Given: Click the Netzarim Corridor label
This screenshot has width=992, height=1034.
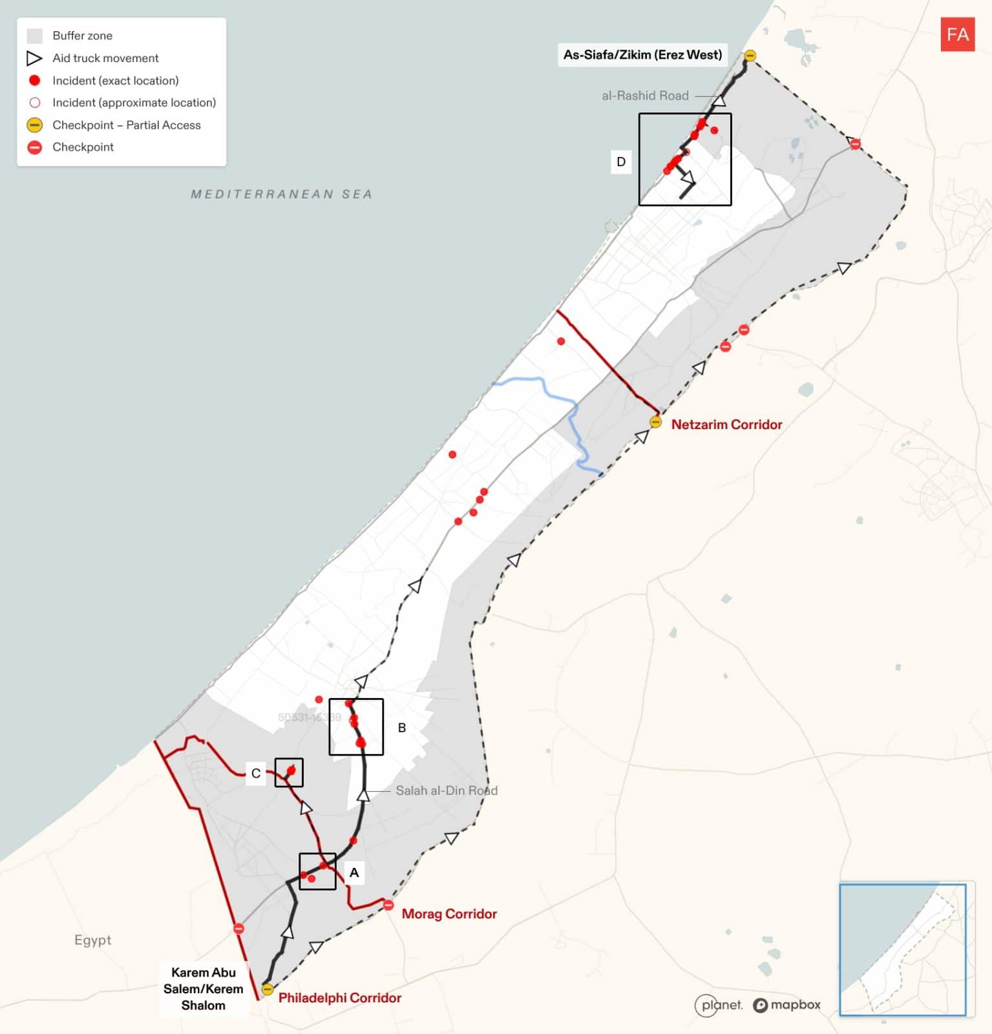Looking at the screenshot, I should [726, 425].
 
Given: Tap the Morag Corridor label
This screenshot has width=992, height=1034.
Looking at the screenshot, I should [449, 914].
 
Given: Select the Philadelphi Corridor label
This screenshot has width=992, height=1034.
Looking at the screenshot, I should [339, 998].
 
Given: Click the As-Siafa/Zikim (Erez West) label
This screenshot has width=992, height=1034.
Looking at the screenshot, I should [642, 55].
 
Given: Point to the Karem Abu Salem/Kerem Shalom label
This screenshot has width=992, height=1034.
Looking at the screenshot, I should [203, 989].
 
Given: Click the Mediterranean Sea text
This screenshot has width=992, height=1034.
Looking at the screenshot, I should [281, 194].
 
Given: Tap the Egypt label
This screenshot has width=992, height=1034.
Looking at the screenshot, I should [92, 940].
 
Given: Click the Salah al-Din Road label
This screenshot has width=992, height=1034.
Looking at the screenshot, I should [446, 790].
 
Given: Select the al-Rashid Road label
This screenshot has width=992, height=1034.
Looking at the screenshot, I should [645, 96].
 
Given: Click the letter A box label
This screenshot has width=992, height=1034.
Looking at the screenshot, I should [354, 872].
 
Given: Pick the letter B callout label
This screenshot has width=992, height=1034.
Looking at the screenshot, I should [402, 728].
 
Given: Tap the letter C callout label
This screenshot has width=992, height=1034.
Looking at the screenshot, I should [256, 774].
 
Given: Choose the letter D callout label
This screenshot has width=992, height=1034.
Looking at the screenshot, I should [621, 162].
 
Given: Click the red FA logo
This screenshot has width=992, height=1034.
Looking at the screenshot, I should [957, 34].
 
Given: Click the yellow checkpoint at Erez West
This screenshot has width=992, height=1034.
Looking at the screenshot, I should [750, 56].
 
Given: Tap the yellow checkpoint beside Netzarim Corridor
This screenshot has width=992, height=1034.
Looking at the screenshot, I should [655, 422].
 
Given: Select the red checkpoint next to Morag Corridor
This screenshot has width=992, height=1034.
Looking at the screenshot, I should [388, 905].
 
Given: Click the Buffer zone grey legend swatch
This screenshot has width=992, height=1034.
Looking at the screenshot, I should [35, 36].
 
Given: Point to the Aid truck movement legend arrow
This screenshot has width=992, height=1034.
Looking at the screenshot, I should [34, 58].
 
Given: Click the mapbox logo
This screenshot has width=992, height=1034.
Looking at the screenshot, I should [786, 1005].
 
